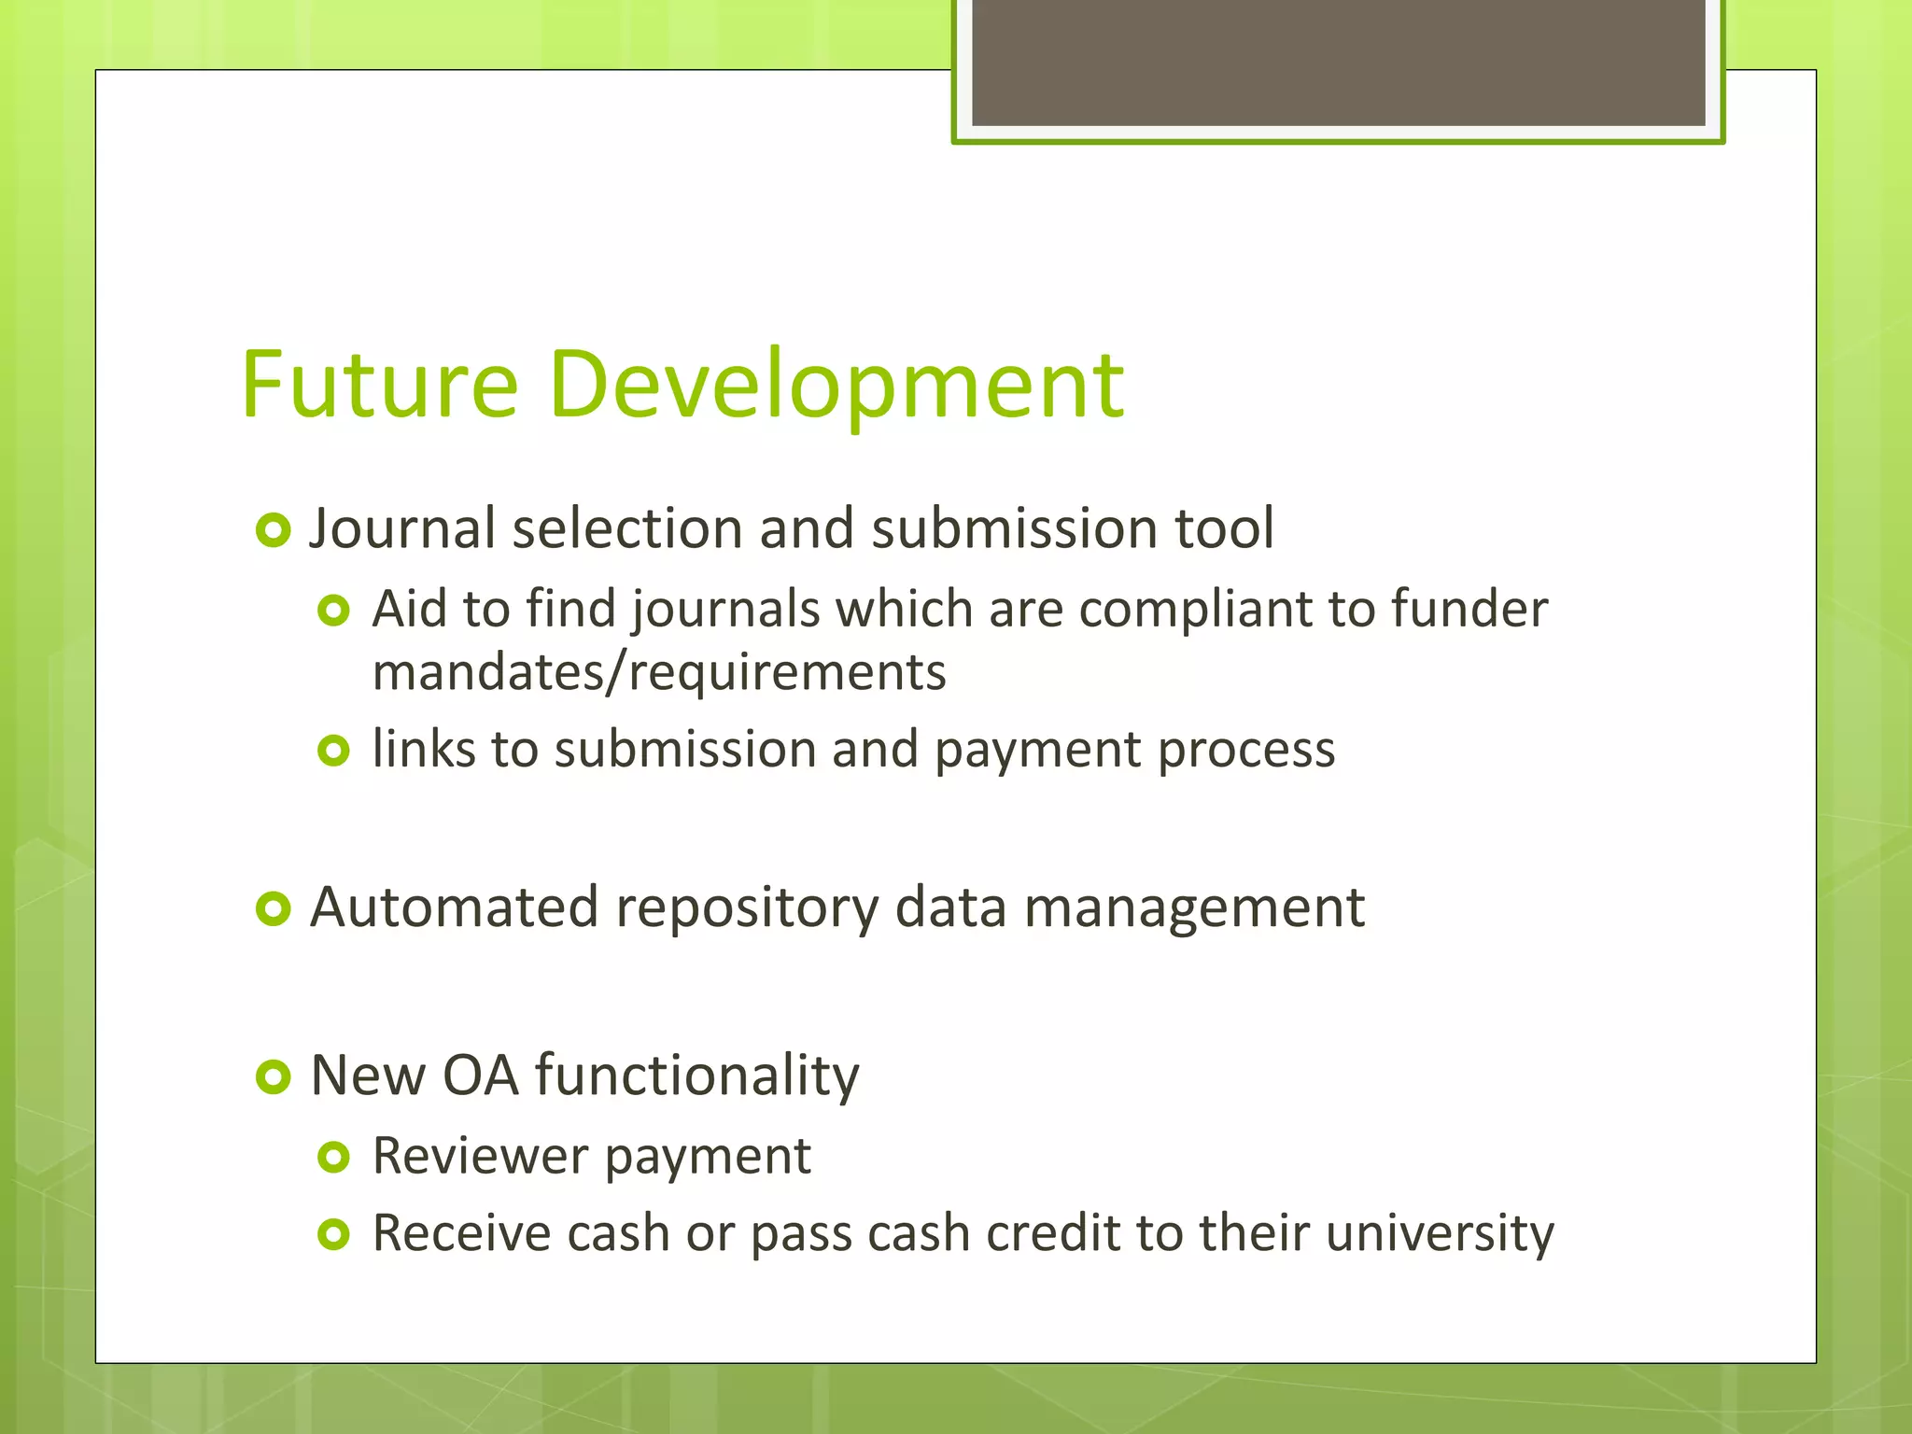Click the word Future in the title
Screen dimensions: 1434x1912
(x=379, y=385)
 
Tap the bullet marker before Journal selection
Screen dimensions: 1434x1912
(x=274, y=531)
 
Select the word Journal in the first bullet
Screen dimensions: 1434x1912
(x=402, y=529)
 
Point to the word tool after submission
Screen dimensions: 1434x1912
(x=1224, y=528)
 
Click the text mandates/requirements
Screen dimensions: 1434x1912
(x=659, y=673)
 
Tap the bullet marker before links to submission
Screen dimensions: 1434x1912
(x=333, y=750)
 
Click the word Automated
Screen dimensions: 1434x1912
(x=454, y=907)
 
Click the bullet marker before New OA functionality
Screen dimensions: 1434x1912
(x=274, y=1077)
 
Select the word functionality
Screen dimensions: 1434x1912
(x=696, y=1075)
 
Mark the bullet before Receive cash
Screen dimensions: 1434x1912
(x=333, y=1235)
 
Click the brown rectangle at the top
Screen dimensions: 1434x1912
(x=1338, y=63)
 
